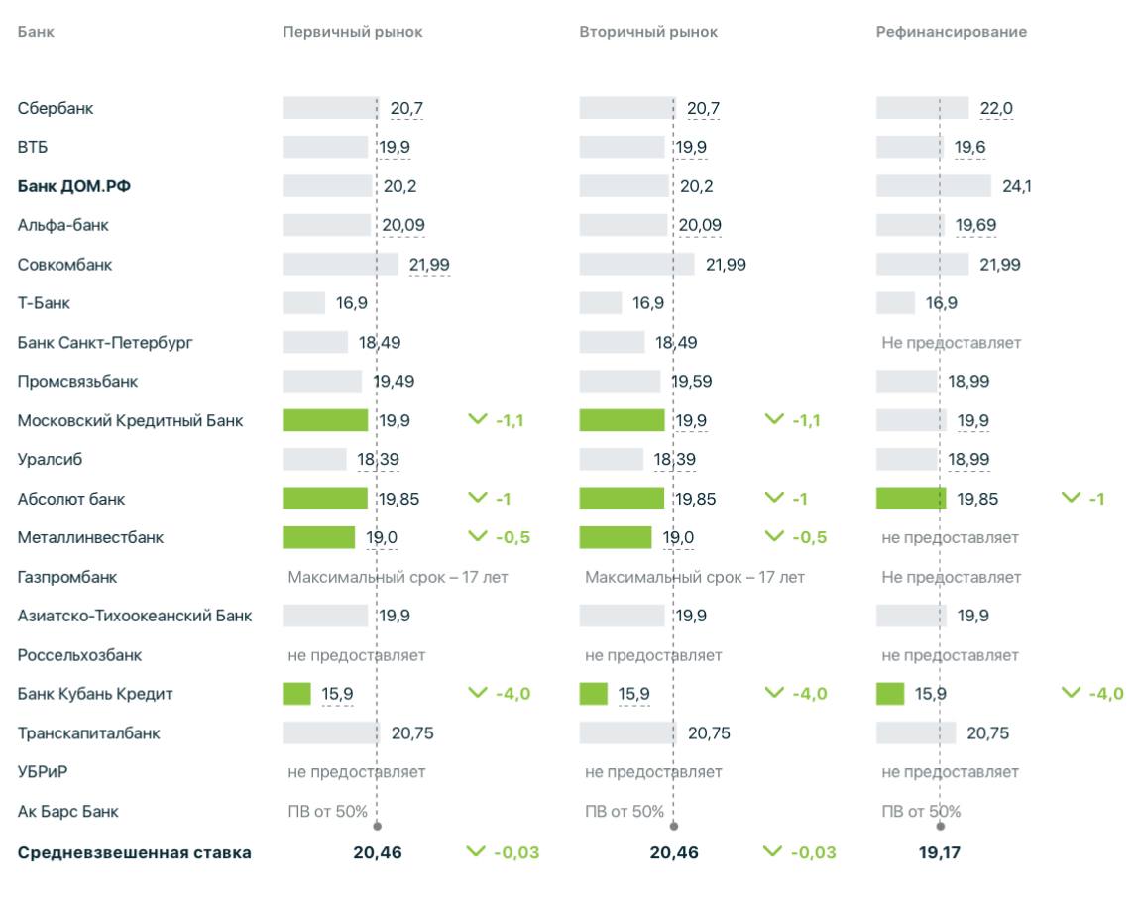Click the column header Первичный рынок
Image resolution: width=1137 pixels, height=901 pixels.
352,32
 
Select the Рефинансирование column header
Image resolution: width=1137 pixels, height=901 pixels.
951,32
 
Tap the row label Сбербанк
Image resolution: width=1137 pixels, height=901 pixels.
56,108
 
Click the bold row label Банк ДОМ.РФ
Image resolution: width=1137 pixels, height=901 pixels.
73,186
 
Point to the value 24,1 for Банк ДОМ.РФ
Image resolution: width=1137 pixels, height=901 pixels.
1016,186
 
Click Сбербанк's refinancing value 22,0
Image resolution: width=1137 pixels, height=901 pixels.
995,108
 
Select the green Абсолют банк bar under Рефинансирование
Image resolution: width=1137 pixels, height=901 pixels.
910,499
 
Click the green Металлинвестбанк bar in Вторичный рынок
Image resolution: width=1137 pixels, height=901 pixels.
615,537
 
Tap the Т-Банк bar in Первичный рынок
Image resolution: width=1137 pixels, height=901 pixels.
303,303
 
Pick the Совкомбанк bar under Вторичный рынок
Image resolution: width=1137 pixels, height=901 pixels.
636,265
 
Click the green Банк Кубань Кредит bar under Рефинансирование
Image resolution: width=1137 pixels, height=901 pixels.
889,694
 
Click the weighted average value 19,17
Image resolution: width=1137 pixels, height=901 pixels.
940,852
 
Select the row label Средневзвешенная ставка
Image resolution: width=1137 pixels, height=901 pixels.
134,852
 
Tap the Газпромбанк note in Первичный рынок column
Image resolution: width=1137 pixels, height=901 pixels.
398,577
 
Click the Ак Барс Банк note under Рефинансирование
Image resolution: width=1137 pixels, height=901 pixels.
921,811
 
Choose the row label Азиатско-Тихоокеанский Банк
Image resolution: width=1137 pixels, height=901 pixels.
135,616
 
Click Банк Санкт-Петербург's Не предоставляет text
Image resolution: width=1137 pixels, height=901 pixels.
951,343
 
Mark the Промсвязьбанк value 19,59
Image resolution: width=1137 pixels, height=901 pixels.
691,382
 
